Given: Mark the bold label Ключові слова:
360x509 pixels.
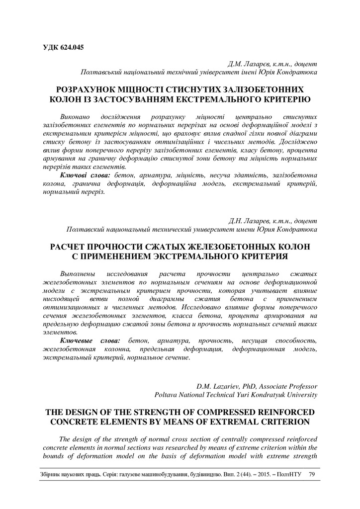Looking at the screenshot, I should click(86, 175).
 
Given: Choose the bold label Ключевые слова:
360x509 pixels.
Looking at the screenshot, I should click(90, 340).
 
